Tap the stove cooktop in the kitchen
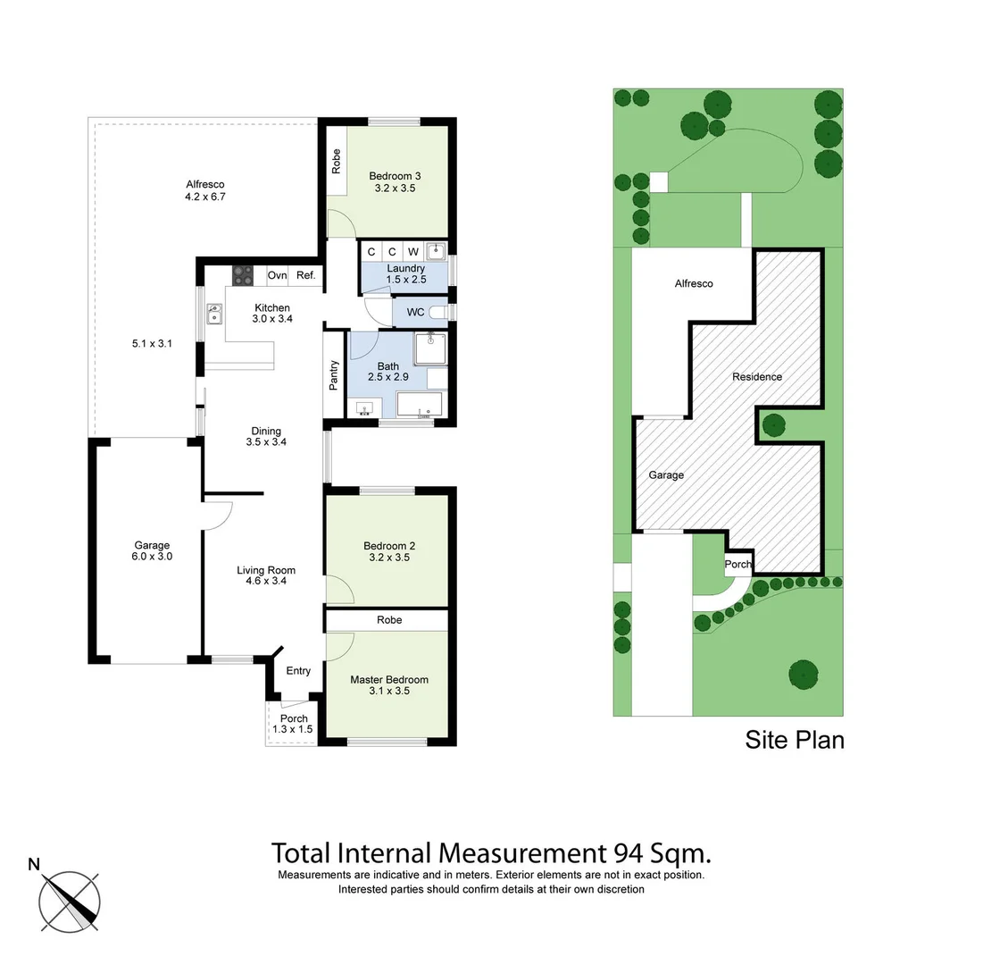(244, 275)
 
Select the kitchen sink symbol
(215, 315)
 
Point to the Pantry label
(334, 374)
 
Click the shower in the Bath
(430, 349)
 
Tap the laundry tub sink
(435, 251)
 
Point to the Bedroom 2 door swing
(340, 590)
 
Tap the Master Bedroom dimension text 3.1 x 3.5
(388, 691)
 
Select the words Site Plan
(794, 740)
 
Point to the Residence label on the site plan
(756, 376)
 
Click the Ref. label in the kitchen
(305, 275)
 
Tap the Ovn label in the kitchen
(277, 275)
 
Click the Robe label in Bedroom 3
(336, 161)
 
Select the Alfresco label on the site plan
(694, 283)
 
